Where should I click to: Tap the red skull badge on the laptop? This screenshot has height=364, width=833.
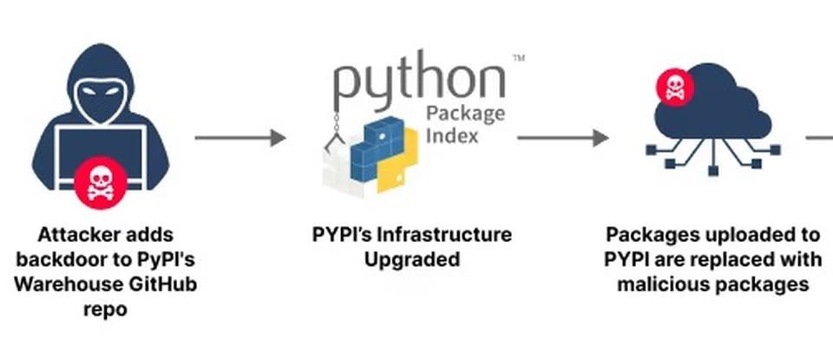click(101, 183)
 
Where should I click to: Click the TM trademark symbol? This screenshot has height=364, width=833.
click(518, 59)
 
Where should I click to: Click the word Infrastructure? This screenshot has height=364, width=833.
click(449, 235)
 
